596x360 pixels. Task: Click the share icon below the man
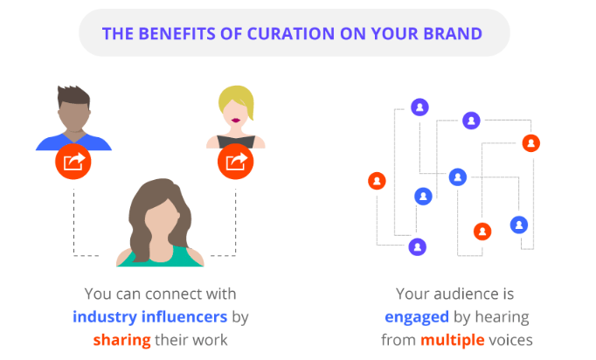(x=73, y=162)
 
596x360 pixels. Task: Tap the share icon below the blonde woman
(x=236, y=162)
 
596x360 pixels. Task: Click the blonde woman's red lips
(x=236, y=121)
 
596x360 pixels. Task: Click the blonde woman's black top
(x=236, y=142)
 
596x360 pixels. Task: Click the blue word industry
(x=105, y=316)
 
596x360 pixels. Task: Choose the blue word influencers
(x=184, y=316)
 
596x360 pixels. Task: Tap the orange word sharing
(x=122, y=340)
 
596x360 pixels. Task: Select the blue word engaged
(x=417, y=317)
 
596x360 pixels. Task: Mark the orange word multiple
(x=453, y=340)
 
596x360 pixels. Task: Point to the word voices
(x=510, y=340)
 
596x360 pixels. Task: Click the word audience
(x=467, y=294)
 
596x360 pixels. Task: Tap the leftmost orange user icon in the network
(x=377, y=181)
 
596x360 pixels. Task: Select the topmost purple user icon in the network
(x=420, y=107)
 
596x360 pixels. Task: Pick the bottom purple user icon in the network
(x=418, y=247)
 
